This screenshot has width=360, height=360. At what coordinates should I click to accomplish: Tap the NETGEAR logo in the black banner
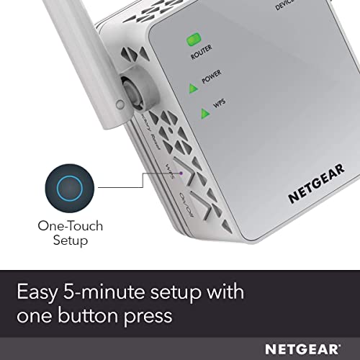pyautogui.click(x=309, y=349)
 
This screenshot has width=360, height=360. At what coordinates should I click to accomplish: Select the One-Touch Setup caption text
pyautogui.click(x=70, y=233)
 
